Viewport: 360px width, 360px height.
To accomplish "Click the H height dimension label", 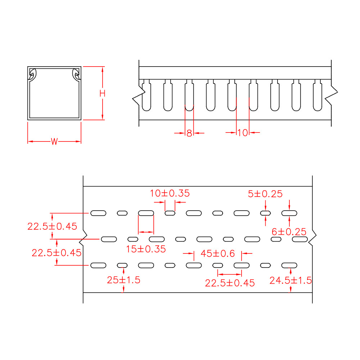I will pyautogui.click(x=103, y=93).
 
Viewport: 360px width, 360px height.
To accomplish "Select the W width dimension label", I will pyautogui.click(x=54, y=141).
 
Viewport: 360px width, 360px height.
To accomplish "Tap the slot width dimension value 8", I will pyautogui.click(x=189, y=133).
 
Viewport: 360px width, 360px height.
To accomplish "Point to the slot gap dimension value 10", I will pyautogui.click(x=243, y=133).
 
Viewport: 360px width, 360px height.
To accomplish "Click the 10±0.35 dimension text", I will pyautogui.click(x=170, y=193).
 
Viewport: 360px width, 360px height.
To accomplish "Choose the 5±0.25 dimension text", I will pyautogui.click(x=265, y=194).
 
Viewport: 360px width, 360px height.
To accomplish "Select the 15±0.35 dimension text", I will pyautogui.click(x=146, y=248).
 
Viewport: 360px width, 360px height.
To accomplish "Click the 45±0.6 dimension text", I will pyautogui.click(x=217, y=254).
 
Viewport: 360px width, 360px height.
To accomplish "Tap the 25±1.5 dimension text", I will pyautogui.click(x=123, y=280).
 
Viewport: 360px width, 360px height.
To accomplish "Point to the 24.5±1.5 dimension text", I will pyautogui.click(x=291, y=280).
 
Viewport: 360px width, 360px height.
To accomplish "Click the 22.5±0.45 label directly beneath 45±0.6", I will pyautogui.click(x=230, y=283).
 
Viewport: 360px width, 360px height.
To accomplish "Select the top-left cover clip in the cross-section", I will pyautogui.click(x=32, y=75).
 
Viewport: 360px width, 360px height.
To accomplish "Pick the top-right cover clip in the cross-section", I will pyautogui.click(x=76, y=75).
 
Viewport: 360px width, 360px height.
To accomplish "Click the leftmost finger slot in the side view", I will pyautogui.click(x=146, y=96).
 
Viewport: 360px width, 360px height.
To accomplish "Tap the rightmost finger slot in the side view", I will pyautogui.click(x=317, y=96).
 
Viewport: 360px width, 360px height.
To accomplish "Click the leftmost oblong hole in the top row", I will pyautogui.click(x=98, y=213).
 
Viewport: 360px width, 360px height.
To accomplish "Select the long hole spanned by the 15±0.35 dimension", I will pyautogui.click(x=146, y=213).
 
